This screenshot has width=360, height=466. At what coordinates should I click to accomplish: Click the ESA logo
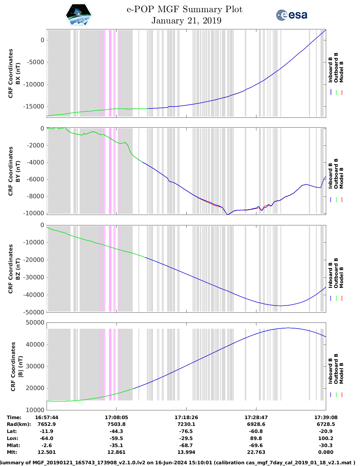[x=291, y=15]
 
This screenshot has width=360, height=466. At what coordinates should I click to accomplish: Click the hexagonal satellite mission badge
[x=79, y=15]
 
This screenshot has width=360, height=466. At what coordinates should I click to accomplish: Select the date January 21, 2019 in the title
[x=186, y=21]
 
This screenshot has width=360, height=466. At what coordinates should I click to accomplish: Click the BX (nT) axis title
[x=18, y=73]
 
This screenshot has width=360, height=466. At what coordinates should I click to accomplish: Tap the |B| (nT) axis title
[x=20, y=366]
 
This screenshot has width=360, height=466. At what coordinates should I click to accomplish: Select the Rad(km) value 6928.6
[x=256, y=424]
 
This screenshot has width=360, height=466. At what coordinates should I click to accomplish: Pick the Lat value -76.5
[x=186, y=431]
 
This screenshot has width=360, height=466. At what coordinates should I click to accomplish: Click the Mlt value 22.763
[x=256, y=452]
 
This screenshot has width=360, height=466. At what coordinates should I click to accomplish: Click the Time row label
[x=14, y=417]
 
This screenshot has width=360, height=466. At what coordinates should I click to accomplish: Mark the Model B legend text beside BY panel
[x=341, y=178]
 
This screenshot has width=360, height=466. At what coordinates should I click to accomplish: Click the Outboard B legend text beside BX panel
[x=336, y=68]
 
